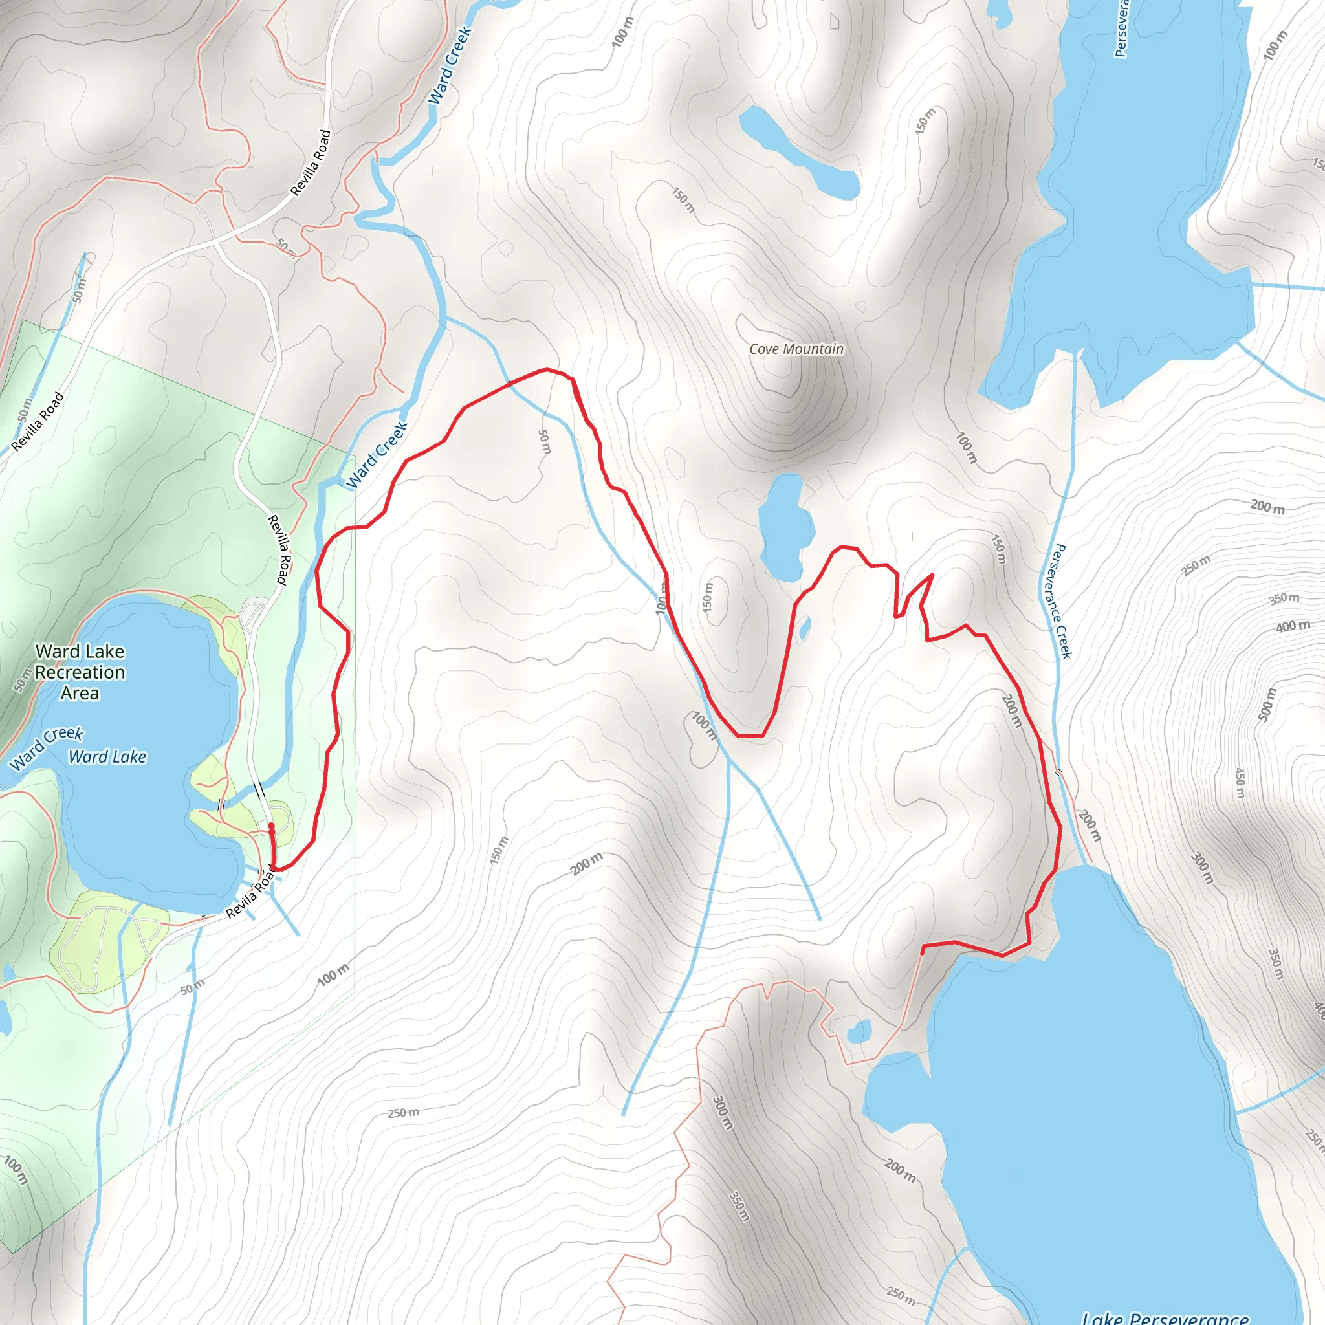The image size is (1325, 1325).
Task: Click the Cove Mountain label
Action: (796, 349)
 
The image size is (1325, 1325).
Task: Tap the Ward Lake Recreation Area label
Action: (80, 672)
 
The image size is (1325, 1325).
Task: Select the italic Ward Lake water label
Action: (107, 756)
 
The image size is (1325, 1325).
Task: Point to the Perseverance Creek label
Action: (1062, 602)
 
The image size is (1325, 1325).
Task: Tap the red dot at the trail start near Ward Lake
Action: (271, 826)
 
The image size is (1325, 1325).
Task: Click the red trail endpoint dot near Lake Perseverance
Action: (923, 951)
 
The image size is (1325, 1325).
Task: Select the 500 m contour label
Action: (1267, 705)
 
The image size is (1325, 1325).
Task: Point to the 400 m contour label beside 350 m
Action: (1293, 626)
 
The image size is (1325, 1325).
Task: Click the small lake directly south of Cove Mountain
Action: (785, 527)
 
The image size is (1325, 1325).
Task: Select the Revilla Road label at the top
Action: (311, 163)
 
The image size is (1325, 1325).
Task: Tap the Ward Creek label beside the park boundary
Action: (377, 455)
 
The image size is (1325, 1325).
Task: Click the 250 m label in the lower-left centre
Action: (403, 1112)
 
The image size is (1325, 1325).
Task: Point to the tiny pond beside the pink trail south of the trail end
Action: (859, 1031)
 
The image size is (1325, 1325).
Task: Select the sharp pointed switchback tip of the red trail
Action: (932, 575)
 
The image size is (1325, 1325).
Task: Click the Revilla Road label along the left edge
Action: (38, 421)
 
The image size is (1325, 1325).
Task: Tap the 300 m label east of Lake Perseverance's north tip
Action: (1202, 868)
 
